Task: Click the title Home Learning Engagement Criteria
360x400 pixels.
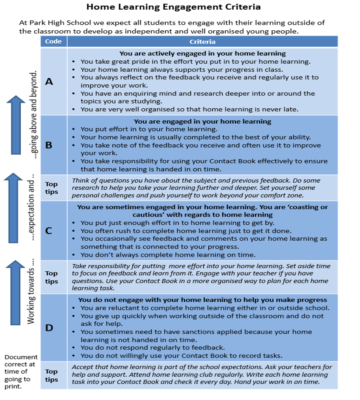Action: [173, 7]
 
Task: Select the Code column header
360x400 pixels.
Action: [53, 41]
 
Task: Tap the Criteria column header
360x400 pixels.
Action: [202, 42]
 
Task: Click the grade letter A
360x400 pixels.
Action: [49, 82]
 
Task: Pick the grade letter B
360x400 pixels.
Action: [49, 145]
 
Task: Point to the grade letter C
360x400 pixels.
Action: [49, 231]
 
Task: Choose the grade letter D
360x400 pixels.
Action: [49, 328]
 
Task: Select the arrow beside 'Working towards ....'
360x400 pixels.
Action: [15, 292]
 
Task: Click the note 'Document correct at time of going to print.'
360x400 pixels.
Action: [21, 372]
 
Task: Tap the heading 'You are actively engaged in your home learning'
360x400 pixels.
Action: [202, 54]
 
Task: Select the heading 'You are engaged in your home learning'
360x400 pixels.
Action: [202, 121]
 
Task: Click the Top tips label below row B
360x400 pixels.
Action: [51, 187]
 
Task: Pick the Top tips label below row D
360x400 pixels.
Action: [51, 375]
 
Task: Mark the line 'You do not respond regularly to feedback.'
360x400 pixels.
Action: [152, 348]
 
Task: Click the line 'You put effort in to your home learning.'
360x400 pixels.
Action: [148, 129]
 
